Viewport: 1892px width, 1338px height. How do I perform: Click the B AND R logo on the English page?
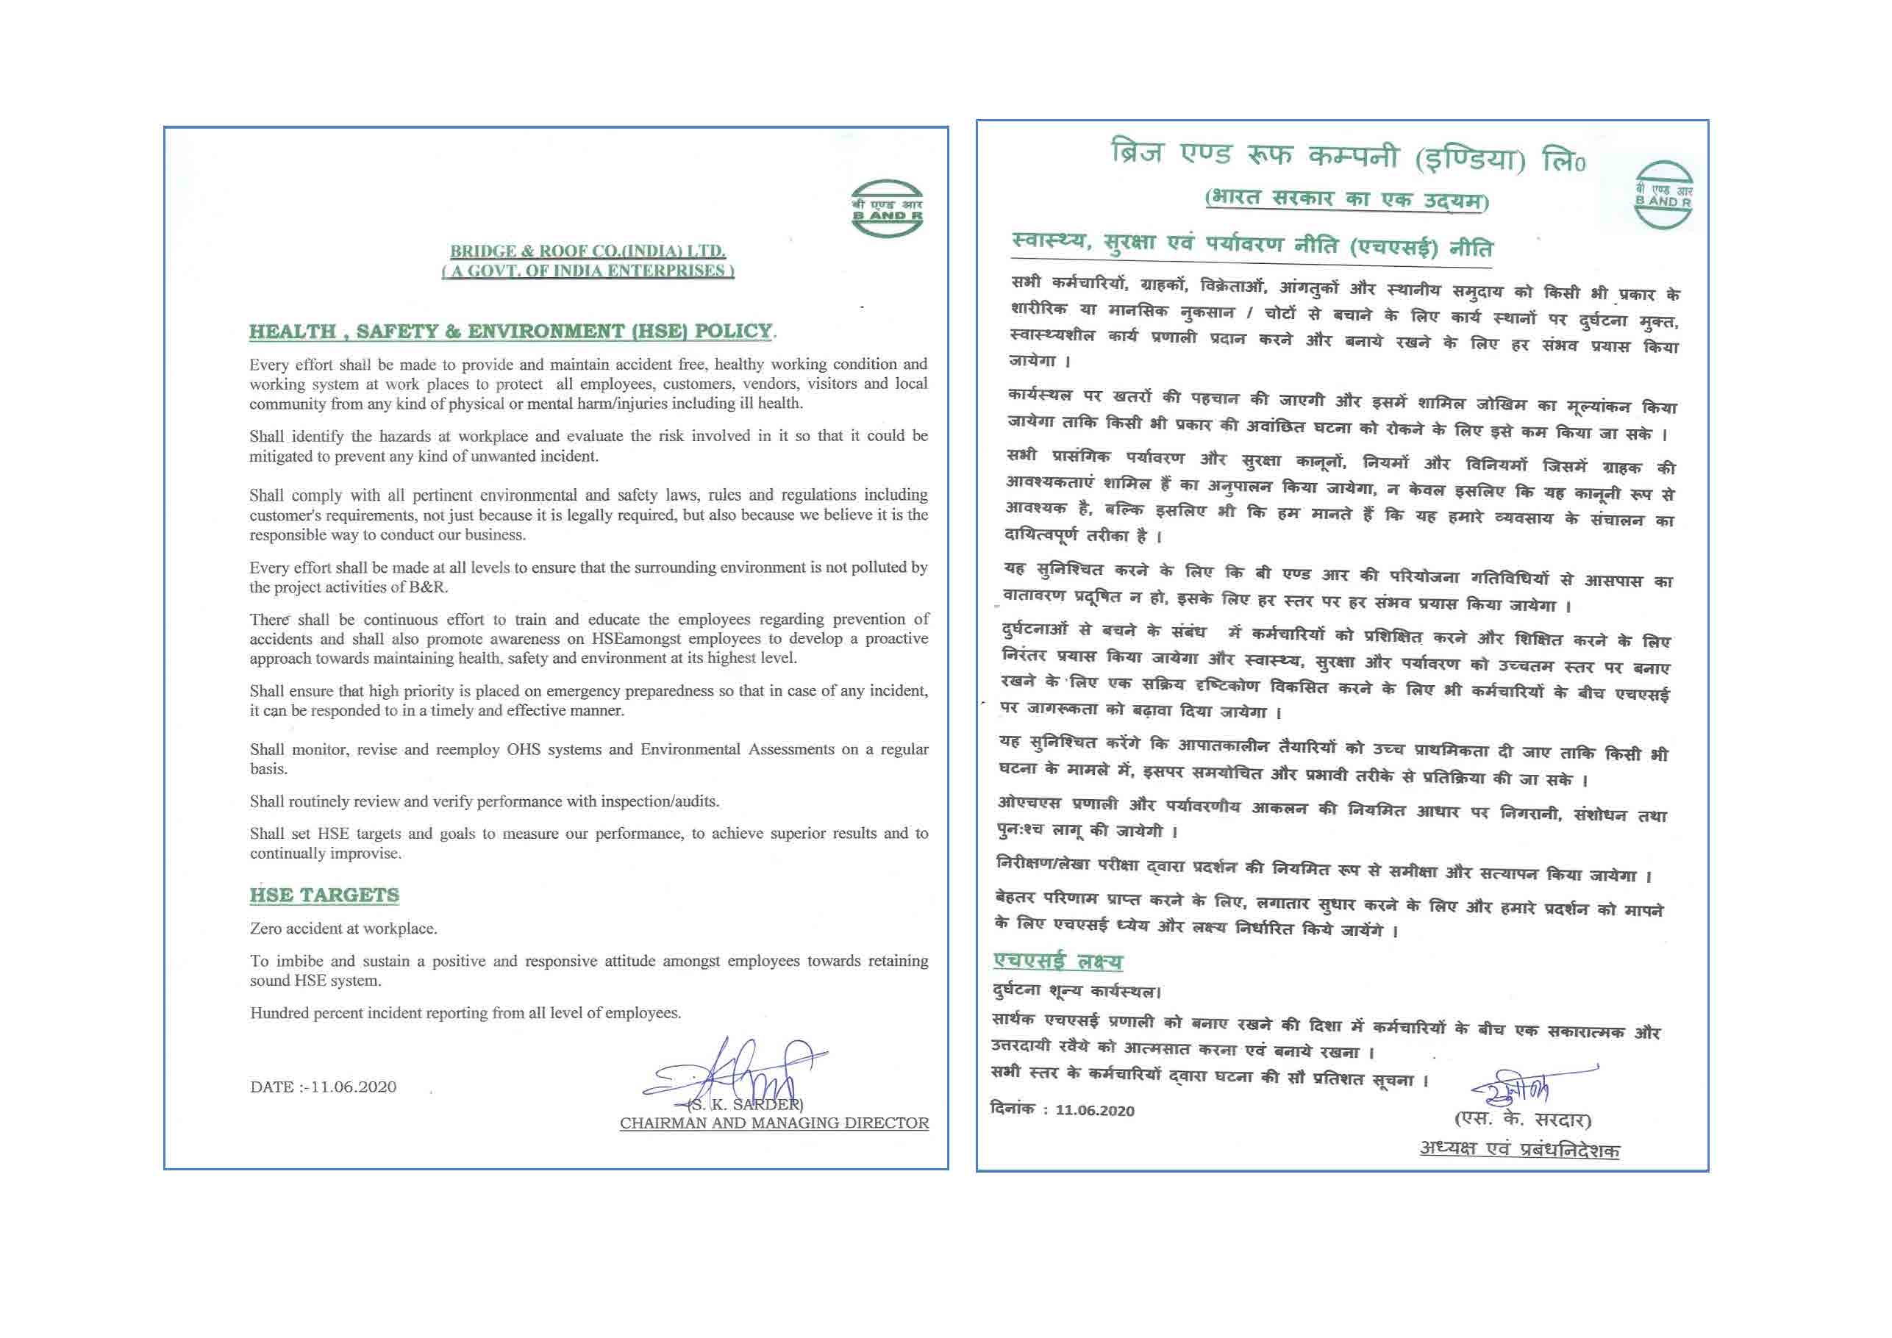tap(887, 209)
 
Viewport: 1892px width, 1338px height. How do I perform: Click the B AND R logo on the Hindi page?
tap(1664, 196)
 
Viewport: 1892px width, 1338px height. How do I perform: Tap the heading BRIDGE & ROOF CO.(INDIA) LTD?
tap(588, 251)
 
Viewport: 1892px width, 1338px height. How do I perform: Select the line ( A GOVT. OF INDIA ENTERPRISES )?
tap(588, 271)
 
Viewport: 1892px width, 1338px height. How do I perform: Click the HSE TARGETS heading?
tap(325, 895)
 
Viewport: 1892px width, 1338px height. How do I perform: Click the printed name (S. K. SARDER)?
tap(746, 1104)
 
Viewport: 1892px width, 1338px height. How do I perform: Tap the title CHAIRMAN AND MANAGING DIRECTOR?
tap(774, 1123)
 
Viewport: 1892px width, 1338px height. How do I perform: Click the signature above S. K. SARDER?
tap(742, 1071)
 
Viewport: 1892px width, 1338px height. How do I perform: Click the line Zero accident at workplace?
tap(343, 929)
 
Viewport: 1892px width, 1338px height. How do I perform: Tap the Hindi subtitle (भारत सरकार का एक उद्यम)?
tap(1346, 199)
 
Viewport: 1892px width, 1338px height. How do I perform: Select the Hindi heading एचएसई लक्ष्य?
tap(1058, 961)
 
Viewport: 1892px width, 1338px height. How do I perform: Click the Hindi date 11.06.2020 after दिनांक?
tap(1094, 1111)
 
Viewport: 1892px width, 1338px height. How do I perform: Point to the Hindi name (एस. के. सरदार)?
tap(1522, 1120)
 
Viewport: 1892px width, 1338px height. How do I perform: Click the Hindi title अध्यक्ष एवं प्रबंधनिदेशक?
tap(1518, 1149)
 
